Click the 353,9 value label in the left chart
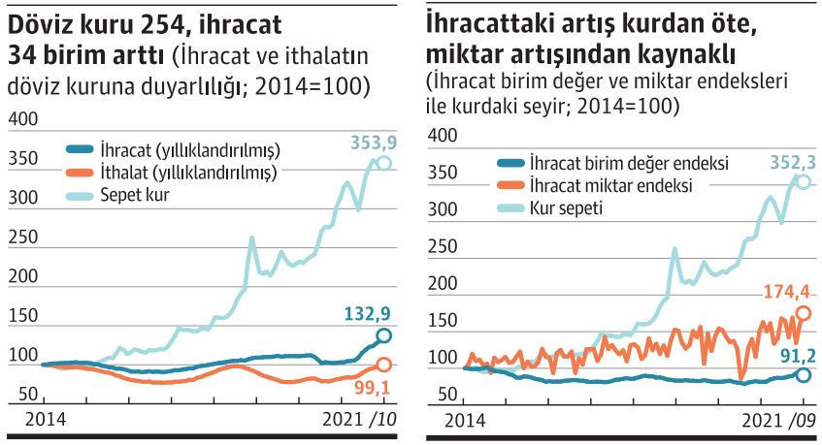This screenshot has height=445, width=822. [373, 144]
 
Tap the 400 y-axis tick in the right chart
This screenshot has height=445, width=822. [441, 135]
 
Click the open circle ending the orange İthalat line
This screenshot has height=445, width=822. [383, 365]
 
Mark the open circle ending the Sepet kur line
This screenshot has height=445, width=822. [384, 164]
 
